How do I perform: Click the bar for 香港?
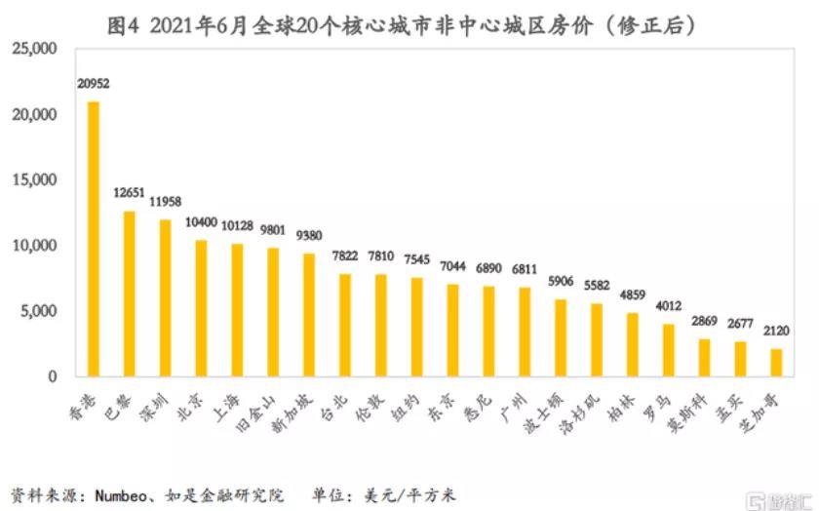pos(94,239)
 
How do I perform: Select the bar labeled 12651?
pos(129,294)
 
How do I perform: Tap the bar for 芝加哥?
pos(776,362)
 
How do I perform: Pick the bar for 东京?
pos(453,330)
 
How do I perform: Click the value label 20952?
pos(93,85)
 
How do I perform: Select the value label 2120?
pos(776,332)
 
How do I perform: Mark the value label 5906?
pos(561,282)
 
